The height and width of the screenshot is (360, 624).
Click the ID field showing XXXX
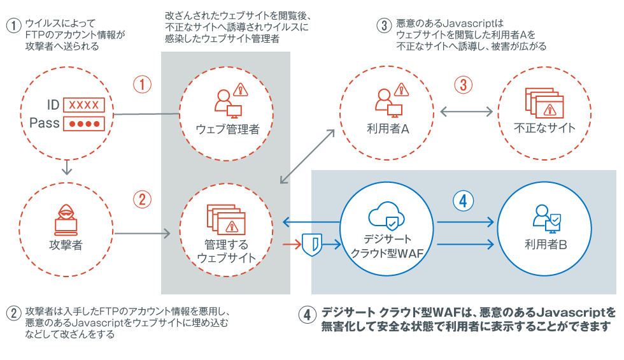tap(83, 104)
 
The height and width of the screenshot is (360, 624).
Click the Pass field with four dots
tap(83, 123)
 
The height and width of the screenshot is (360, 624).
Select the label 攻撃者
tap(66, 245)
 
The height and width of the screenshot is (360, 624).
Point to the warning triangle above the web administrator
tap(240, 90)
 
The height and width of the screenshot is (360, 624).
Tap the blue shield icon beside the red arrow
tap(311, 243)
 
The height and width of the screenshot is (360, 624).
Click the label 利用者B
tap(546, 244)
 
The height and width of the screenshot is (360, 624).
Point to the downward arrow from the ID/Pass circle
tap(66, 168)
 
